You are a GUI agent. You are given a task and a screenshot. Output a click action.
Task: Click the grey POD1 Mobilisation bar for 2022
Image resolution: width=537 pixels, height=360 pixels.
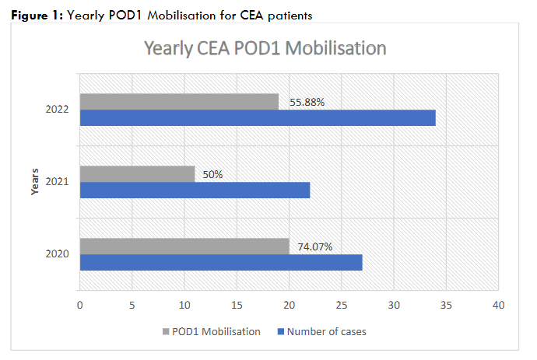[x=179, y=102]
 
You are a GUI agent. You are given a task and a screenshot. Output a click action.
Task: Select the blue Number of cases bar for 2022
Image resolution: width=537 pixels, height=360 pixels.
[x=258, y=118]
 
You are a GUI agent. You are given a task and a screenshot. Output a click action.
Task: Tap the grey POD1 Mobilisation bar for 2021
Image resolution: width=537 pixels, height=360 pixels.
[x=137, y=173]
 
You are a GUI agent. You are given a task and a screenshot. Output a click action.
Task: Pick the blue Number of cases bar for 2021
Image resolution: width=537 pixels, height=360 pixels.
[x=195, y=190]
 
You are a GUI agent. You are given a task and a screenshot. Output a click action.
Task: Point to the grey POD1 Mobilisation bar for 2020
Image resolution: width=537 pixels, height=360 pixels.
[x=184, y=246]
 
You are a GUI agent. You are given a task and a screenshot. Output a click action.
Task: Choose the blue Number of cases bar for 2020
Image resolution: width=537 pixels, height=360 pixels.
[x=221, y=262]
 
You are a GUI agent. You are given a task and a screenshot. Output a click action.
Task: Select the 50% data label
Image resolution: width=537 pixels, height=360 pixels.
[x=212, y=174]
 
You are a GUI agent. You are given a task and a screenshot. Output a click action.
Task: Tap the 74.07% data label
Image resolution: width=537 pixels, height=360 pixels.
[x=315, y=246]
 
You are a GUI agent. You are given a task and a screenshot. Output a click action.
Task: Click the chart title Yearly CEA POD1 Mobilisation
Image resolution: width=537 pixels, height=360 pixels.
[x=265, y=48]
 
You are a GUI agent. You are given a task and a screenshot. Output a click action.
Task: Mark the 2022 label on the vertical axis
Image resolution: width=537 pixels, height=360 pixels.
[x=58, y=110]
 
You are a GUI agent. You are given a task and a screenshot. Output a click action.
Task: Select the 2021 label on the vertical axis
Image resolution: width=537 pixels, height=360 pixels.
[x=58, y=182]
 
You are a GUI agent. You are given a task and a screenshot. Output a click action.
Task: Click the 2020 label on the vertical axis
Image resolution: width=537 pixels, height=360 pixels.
[x=58, y=254]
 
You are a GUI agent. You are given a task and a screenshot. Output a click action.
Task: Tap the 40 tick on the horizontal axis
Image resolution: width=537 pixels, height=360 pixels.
[x=498, y=305]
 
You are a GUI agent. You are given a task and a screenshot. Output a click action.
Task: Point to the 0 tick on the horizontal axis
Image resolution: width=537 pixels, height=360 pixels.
[x=79, y=305]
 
